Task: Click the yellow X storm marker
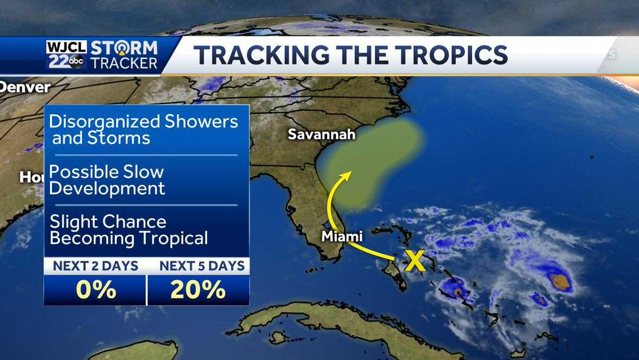(x=415, y=261)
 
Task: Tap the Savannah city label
(x=321, y=134)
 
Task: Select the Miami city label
(x=342, y=236)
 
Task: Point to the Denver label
(x=25, y=87)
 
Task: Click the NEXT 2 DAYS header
(x=95, y=266)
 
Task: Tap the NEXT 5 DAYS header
(x=198, y=266)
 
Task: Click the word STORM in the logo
(x=124, y=47)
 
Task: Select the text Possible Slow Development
(x=107, y=180)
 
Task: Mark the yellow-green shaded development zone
(x=374, y=157)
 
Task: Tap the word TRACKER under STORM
(x=124, y=63)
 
